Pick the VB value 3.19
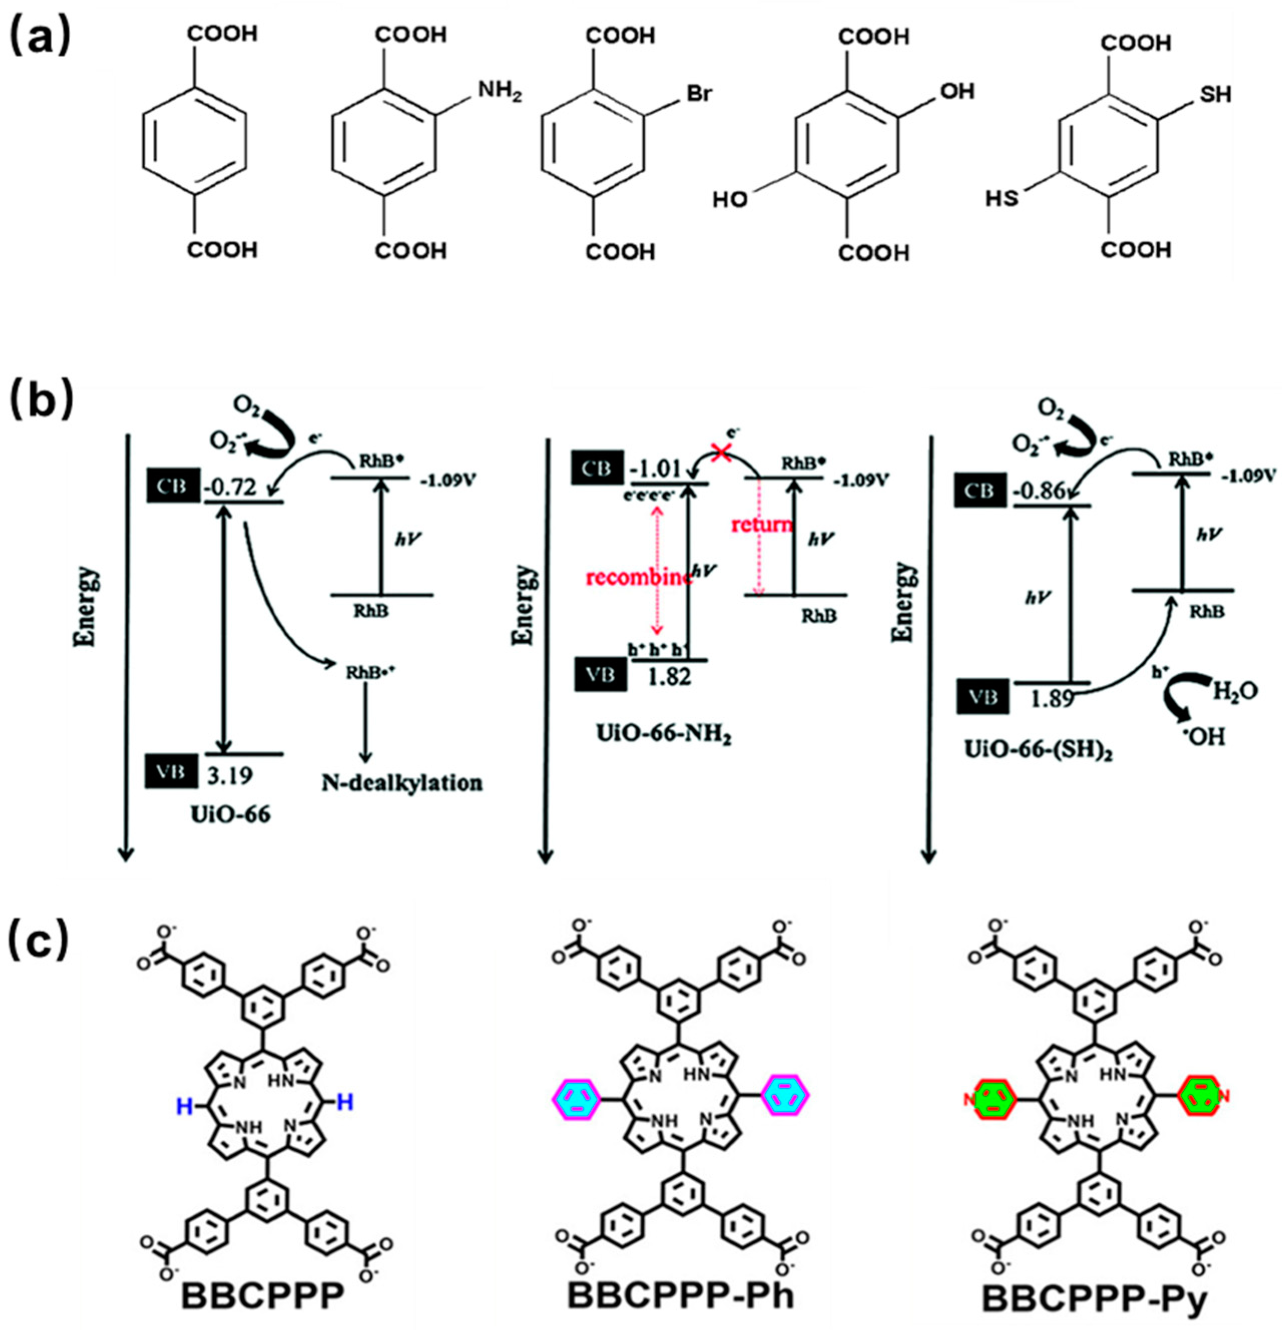(x=229, y=775)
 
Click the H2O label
(x=1234, y=691)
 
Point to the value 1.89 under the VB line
(x=1053, y=699)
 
